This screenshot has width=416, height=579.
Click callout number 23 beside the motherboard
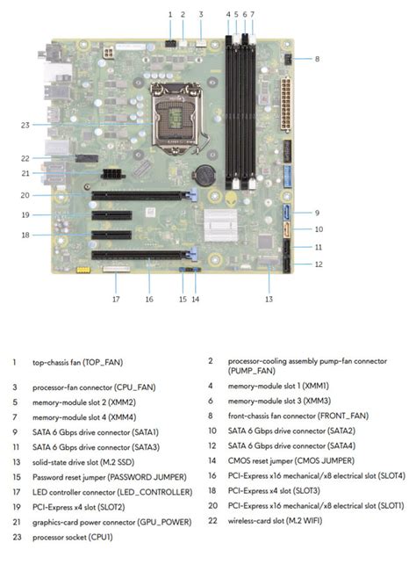tap(25, 125)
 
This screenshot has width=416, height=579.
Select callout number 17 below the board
tap(115, 300)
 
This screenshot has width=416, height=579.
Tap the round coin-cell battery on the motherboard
tap(206, 173)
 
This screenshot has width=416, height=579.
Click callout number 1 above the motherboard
tap(170, 14)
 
